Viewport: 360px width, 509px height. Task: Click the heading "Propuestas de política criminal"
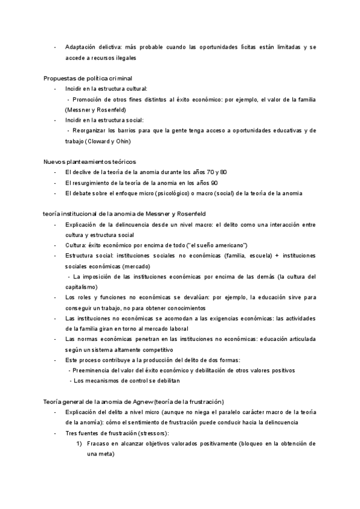pyautogui.click(x=88, y=78)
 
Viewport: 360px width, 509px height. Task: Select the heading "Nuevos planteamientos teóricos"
pyautogui.click(x=90, y=161)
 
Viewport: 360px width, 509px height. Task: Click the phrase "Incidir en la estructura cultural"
pyautogui.click(x=108, y=89)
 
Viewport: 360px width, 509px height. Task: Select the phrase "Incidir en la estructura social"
pyautogui.click(x=104, y=120)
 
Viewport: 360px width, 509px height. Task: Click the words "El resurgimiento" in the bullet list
pyautogui.click(x=88, y=182)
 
